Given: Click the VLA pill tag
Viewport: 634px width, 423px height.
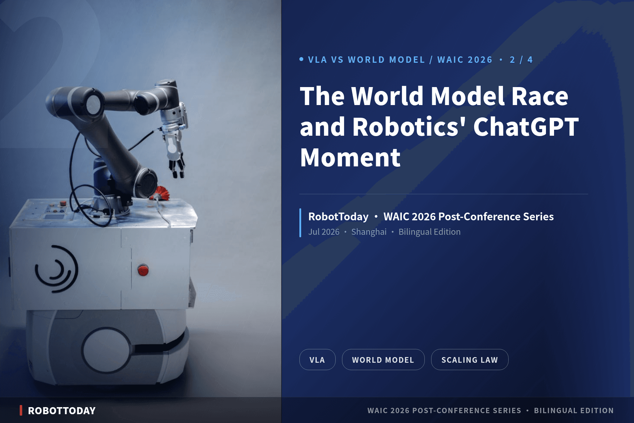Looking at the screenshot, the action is (x=317, y=360).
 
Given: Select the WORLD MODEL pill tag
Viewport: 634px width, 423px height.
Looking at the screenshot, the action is (x=383, y=360).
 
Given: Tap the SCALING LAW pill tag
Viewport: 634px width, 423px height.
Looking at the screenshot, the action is (x=470, y=360).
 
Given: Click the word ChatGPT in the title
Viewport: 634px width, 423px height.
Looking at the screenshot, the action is (x=526, y=127).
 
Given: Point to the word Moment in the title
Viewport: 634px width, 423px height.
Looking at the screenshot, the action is (x=350, y=157).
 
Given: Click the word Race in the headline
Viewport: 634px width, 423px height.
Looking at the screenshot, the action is (x=540, y=96).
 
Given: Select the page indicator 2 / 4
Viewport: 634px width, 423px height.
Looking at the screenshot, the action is (x=521, y=60).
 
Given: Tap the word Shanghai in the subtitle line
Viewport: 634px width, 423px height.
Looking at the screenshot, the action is (x=369, y=232).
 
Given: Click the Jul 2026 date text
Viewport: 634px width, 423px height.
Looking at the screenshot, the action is (x=324, y=232).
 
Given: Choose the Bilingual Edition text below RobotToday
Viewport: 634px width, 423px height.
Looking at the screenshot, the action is (x=429, y=232).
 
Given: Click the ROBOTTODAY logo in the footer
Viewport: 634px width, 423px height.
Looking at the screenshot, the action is (x=62, y=411).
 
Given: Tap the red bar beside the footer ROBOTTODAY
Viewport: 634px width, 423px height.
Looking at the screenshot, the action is (x=21, y=410).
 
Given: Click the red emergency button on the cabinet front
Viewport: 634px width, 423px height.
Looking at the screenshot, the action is (x=143, y=270).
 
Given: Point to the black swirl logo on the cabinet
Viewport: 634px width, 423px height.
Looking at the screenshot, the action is (x=56, y=269).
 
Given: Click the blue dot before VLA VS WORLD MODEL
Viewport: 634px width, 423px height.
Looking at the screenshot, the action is (x=302, y=59).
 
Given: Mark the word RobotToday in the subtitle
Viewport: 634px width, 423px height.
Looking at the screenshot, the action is (x=338, y=216).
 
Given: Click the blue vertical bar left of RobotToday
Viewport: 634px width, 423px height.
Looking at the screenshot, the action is (x=300, y=223).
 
